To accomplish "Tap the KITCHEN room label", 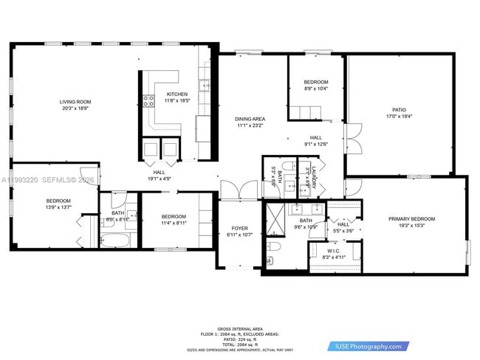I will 177,94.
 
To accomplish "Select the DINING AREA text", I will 250,119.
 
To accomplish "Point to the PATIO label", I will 399,110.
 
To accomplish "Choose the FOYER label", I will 240,229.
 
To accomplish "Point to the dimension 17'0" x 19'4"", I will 399,117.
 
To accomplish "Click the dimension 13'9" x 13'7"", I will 59,207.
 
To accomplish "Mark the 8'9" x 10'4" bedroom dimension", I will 315,89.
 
